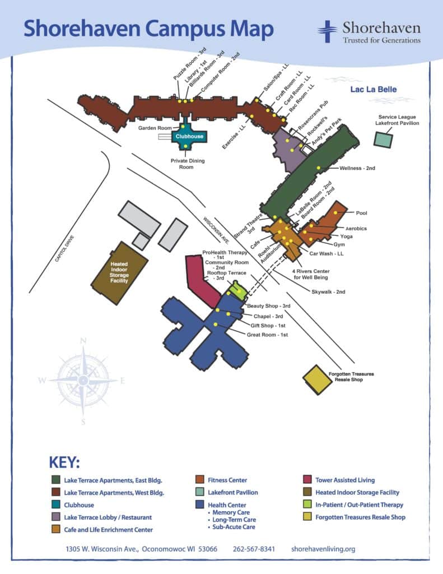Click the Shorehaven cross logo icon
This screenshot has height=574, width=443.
[x=328, y=31]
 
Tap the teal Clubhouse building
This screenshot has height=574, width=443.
[x=189, y=136]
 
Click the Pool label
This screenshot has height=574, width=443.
[x=362, y=213]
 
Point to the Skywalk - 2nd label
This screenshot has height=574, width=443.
[x=329, y=291]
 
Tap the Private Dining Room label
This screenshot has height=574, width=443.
[x=188, y=164]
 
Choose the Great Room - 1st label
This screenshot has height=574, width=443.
[x=267, y=335]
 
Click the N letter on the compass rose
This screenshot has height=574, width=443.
[x=83, y=340]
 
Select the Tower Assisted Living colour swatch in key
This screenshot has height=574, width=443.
[x=307, y=480]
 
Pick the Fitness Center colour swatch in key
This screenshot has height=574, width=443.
[x=199, y=480]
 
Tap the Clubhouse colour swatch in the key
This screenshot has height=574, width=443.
[x=55, y=505]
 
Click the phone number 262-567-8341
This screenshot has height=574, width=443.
[x=254, y=549]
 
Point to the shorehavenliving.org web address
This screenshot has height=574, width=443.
[x=323, y=549]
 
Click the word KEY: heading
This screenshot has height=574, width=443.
[x=64, y=463]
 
